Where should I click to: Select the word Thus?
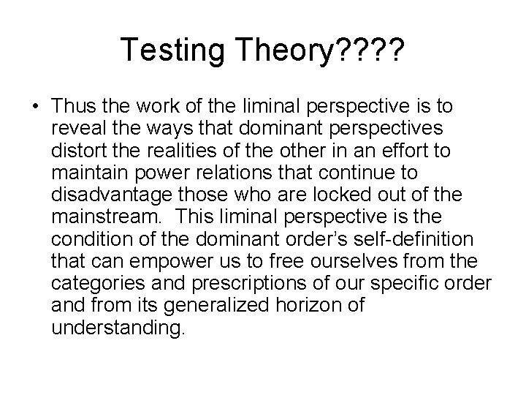pos(73,108)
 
